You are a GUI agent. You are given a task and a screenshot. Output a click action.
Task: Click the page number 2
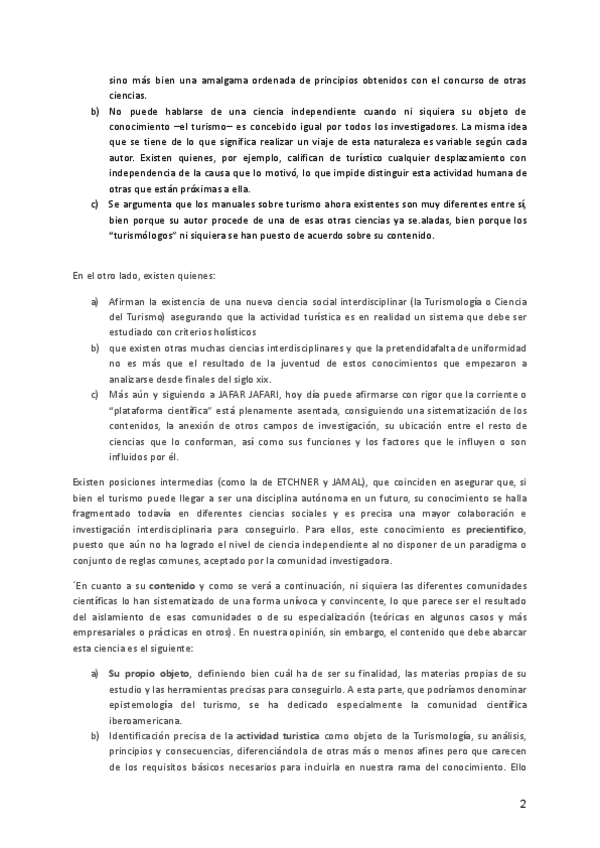pos(523,805)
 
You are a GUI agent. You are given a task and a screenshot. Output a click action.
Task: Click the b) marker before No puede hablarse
pos(95,110)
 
